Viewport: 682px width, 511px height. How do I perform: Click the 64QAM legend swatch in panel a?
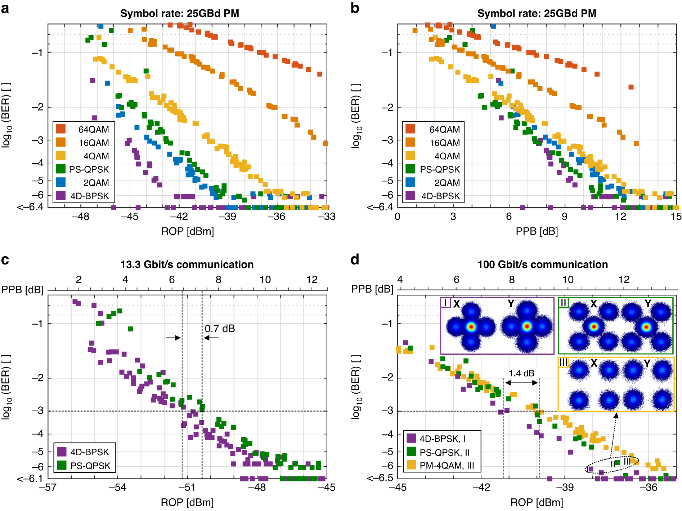coord(61,129)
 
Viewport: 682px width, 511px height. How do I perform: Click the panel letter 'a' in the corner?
coord(5,8)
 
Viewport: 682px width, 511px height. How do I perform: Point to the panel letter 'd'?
coord(355,259)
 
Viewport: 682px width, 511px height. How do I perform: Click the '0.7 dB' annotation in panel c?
coord(220,329)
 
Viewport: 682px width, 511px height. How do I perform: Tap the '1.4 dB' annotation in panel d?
coord(521,373)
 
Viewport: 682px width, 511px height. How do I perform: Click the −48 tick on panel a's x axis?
coord(80,216)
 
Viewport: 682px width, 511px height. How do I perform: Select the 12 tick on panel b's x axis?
coord(620,216)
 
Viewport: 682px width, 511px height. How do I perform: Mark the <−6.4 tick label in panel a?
coord(30,207)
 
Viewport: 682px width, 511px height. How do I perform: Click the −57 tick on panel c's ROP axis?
coord(48,488)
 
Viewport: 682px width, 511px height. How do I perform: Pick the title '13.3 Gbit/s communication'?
coord(187,264)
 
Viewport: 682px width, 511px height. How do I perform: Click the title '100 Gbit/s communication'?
coord(542,264)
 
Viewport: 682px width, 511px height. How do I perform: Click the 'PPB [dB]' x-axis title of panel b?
coord(537,231)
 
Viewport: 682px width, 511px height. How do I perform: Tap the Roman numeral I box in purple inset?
coord(445,303)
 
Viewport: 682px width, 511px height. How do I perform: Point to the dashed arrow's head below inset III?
coord(616,415)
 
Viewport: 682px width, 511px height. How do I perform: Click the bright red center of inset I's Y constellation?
coord(527,326)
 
